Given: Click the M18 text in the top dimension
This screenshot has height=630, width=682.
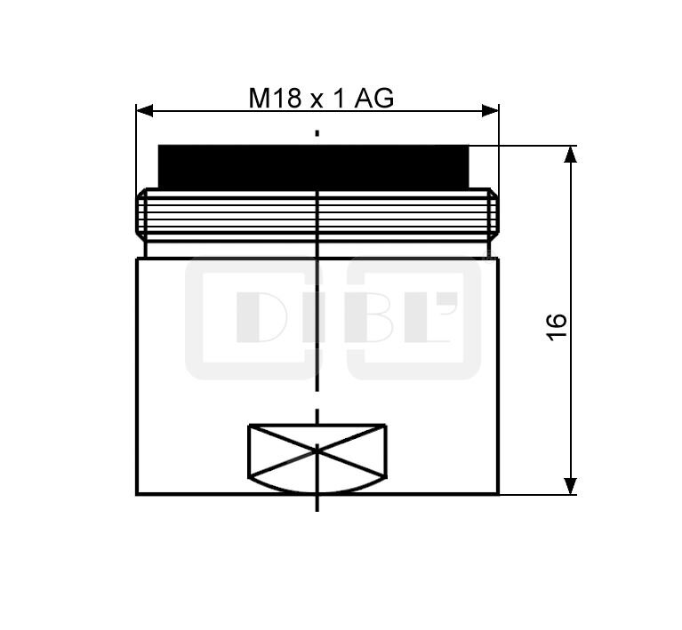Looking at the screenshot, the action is pyautogui.click(x=275, y=98).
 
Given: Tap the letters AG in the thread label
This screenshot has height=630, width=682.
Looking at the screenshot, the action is pyautogui.click(x=374, y=98).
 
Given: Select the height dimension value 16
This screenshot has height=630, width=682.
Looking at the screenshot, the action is pyautogui.click(x=557, y=326).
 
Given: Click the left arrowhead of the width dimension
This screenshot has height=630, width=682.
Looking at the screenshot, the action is pyautogui.click(x=145, y=110).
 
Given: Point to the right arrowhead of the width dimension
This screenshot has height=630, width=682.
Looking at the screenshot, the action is pyautogui.click(x=490, y=110).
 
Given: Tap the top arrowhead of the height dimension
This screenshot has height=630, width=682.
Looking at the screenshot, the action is pyautogui.click(x=570, y=155).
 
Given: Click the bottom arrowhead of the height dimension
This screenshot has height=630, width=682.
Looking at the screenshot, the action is pyautogui.click(x=570, y=485).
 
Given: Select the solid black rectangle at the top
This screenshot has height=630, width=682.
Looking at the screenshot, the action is pyautogui.click(x=314, y=166).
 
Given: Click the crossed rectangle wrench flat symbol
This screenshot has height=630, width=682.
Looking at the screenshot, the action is pyautogui.click(x=317, y=451).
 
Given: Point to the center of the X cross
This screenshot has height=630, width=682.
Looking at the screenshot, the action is pyautogui.click(x=317, y=451).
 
